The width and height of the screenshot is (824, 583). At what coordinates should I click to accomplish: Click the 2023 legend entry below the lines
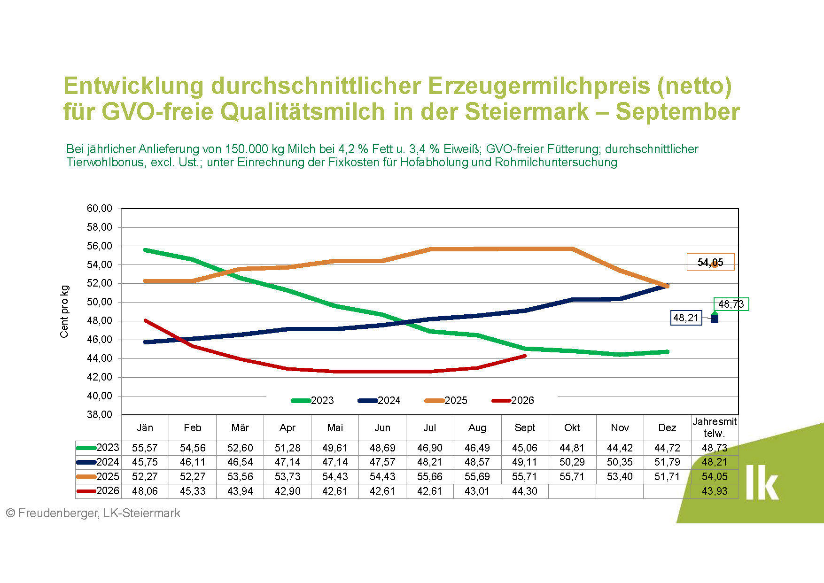point(312,400)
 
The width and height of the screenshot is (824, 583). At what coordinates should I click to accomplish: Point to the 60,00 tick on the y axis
point(100,208)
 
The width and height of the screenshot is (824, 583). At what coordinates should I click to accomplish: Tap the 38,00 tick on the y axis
point(100,415)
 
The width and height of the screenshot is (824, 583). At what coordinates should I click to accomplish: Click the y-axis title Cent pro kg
point(64,311)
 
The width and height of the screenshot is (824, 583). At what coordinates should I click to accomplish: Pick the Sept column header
point(525,428)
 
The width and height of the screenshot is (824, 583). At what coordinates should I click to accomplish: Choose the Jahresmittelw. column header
point(715,428)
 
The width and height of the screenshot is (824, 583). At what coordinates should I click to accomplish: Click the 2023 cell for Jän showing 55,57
point(145,448)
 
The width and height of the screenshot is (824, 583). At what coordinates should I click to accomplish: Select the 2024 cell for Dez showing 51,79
point(667,462)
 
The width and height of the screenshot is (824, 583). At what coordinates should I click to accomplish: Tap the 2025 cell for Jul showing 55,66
point(430,476)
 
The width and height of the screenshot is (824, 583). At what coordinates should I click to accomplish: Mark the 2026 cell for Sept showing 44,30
point(525,491)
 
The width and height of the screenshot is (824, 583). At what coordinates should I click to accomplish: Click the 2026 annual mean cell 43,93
point(715,491)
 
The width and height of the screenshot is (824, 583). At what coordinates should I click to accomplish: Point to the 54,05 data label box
point(710,262)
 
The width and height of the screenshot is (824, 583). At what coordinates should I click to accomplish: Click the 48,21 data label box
point(686,318)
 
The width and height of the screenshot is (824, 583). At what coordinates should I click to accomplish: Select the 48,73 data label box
point(731,304)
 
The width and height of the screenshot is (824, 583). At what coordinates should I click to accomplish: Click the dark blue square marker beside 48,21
point(715,319)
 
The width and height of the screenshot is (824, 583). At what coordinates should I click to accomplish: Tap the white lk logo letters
point(762,482)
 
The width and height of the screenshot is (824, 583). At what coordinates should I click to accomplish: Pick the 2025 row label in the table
point(108,476)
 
